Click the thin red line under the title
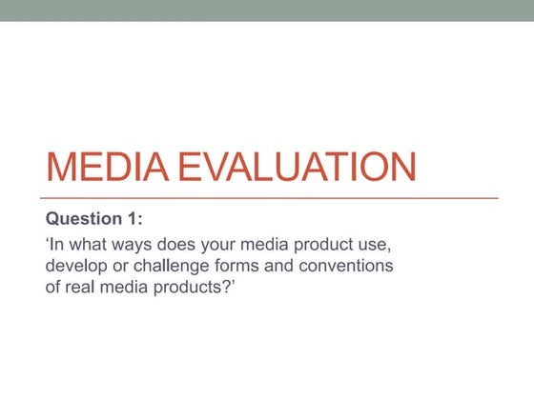coord(272,197)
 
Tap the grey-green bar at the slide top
coord(267,10)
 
